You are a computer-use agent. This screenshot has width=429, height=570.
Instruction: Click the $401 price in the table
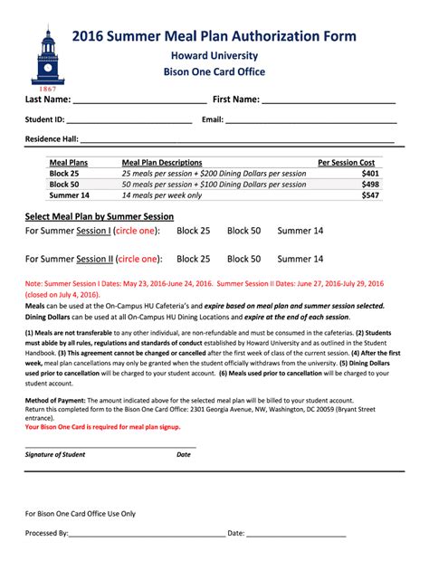369,173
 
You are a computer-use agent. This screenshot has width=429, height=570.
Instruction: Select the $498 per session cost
369,184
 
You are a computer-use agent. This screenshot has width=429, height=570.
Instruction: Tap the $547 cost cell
369,195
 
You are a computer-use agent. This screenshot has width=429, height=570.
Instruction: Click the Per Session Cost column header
346,162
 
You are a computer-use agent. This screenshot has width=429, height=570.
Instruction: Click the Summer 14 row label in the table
69,195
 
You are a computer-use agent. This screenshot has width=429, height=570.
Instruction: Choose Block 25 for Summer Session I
193,231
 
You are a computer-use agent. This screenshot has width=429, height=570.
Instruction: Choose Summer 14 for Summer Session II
300,259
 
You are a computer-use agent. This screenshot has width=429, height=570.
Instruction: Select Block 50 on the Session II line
243,259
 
